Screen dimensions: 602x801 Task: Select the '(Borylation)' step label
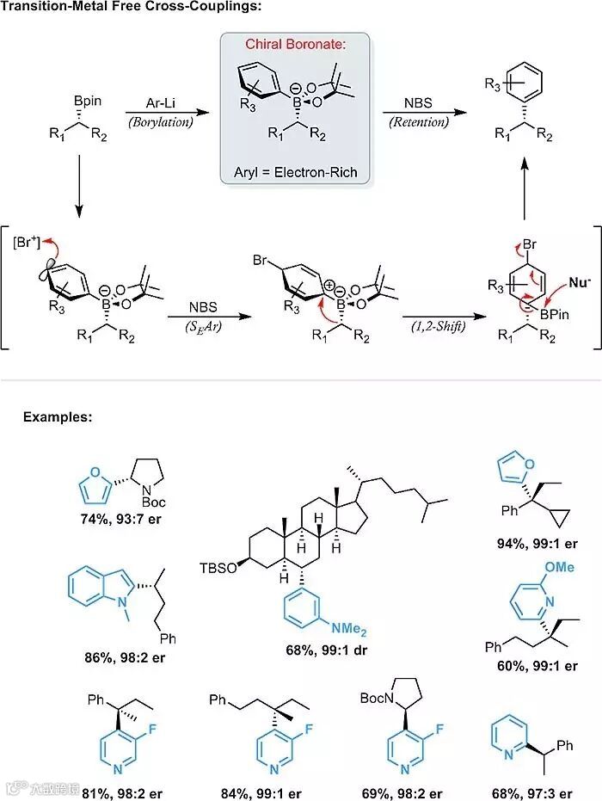(x=160, y=122)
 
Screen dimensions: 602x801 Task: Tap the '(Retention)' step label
(x=419, y=122)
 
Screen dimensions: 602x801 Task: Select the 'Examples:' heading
(x=58, y=416)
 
